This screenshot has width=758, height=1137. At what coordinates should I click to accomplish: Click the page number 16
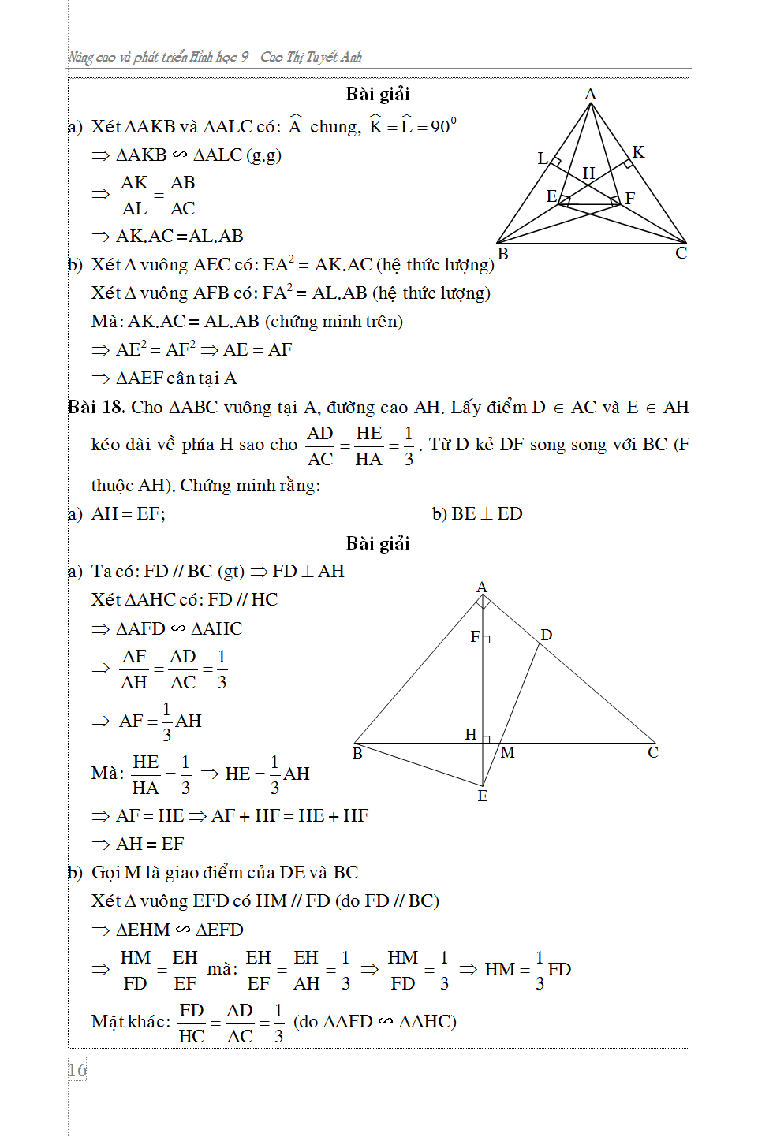[77, 1070]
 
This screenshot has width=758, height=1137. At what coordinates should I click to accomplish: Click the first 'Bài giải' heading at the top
[378, 95]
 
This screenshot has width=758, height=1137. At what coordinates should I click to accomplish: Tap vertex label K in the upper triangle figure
[638, 152]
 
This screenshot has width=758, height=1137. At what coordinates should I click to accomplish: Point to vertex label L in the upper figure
[542, 158]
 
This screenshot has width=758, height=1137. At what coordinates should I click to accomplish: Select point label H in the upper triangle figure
[588, 173]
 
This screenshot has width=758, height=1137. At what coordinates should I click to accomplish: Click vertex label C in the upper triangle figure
[681, 253]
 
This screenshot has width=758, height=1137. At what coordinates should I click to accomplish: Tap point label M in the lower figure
[507, 753]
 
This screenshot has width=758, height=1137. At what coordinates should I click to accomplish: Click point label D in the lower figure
[546, 635]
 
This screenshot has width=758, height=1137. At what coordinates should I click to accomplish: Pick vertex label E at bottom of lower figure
[483, 796]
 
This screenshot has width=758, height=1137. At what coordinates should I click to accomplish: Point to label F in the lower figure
[475, 636]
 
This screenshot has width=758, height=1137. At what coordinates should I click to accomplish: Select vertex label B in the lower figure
[357, 753]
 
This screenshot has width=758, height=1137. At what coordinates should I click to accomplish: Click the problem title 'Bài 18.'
[96, 407]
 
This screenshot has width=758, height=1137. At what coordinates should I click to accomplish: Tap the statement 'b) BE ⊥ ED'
[477, 514]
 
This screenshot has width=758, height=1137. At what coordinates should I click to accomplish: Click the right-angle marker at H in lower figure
[487, 739]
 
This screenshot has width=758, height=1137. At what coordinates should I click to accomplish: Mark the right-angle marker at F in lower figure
[487, 639]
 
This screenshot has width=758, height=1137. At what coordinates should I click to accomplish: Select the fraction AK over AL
[134, 196]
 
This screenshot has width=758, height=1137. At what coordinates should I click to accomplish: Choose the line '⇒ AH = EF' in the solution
[138, 844]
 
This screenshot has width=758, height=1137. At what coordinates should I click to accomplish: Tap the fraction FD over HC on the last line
[192, 1023]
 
